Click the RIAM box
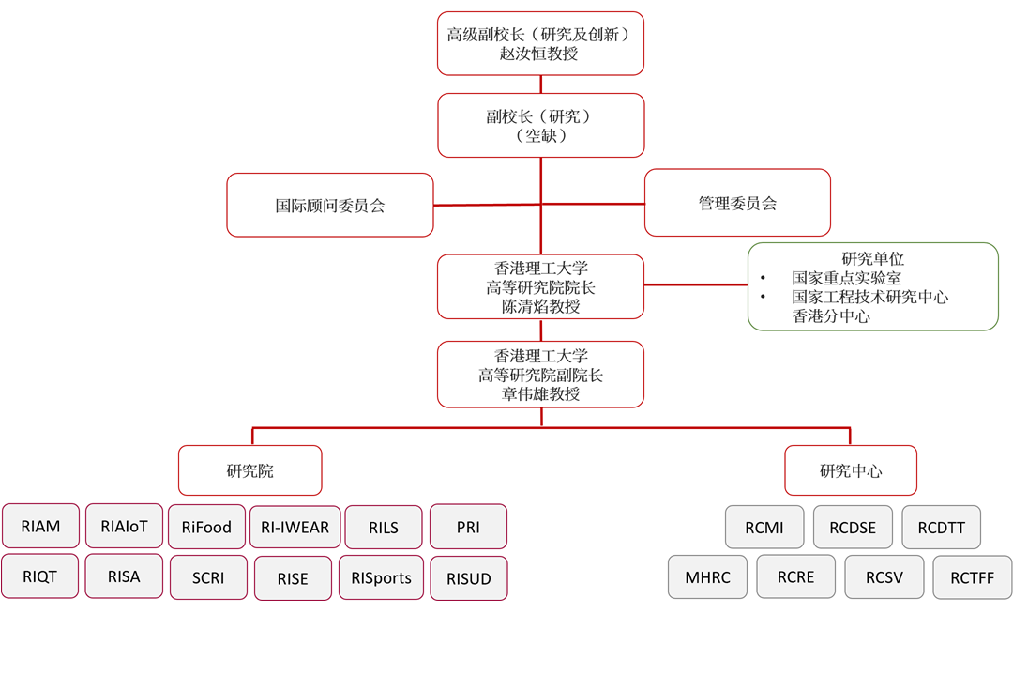tap(40, 527)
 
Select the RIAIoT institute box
tap(124, 526)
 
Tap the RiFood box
tap(207, 528)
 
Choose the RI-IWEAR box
tap(295, 528)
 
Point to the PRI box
tap(468, 527)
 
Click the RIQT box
tap(40, 576)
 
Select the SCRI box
tap(208, 578)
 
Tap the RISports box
tap(381, 578)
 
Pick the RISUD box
tap(468, 578)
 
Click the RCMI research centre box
tap(764, 528)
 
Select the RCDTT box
tap(941, 528)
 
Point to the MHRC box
tap(707, 577)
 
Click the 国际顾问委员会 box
tap(330, 205)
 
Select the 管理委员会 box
tap(737, 203)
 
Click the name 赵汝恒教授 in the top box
tap(539, 54)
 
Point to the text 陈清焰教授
tap(539, 306)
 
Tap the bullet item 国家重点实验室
tap(846, 278)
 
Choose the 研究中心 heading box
tap(850, 470)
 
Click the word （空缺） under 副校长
tap(540, 136)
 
